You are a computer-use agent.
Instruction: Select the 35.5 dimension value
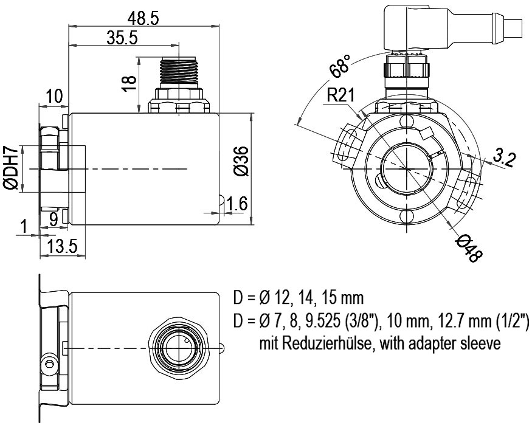(x=122, y=38)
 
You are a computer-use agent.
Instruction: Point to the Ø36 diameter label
(x=241, y=160)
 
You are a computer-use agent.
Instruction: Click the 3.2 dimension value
(x=503, y=158)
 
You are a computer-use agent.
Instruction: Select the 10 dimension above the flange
(x=54, y=96)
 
